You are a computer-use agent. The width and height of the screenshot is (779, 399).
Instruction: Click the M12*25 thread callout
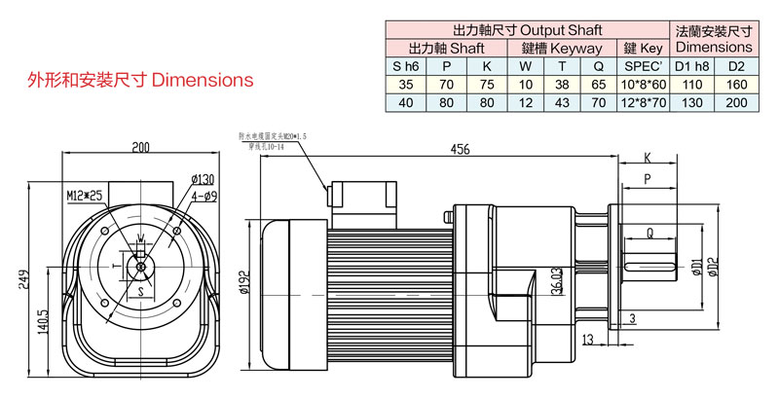85,195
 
